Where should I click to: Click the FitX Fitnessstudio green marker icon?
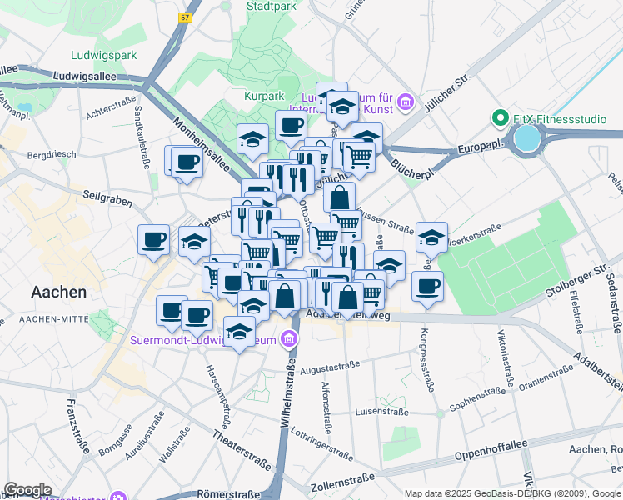click(501, 118)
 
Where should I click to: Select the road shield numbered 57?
click(184, 17)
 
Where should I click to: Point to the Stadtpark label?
click(271, 6)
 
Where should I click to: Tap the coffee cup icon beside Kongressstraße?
click(427, 287)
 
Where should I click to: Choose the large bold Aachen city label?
click(58, 292)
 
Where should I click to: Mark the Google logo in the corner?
click(27, 490)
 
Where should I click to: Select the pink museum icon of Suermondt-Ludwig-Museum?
click(289, 338)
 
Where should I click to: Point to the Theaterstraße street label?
click(241, 448)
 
